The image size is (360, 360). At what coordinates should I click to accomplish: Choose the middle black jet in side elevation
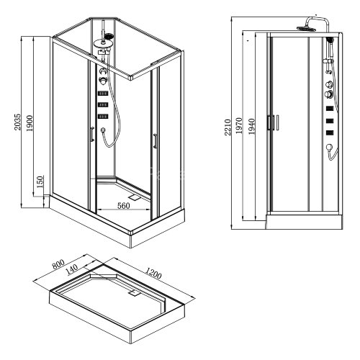(330, 120)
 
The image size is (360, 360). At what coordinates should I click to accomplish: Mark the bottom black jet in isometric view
(103, 115)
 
